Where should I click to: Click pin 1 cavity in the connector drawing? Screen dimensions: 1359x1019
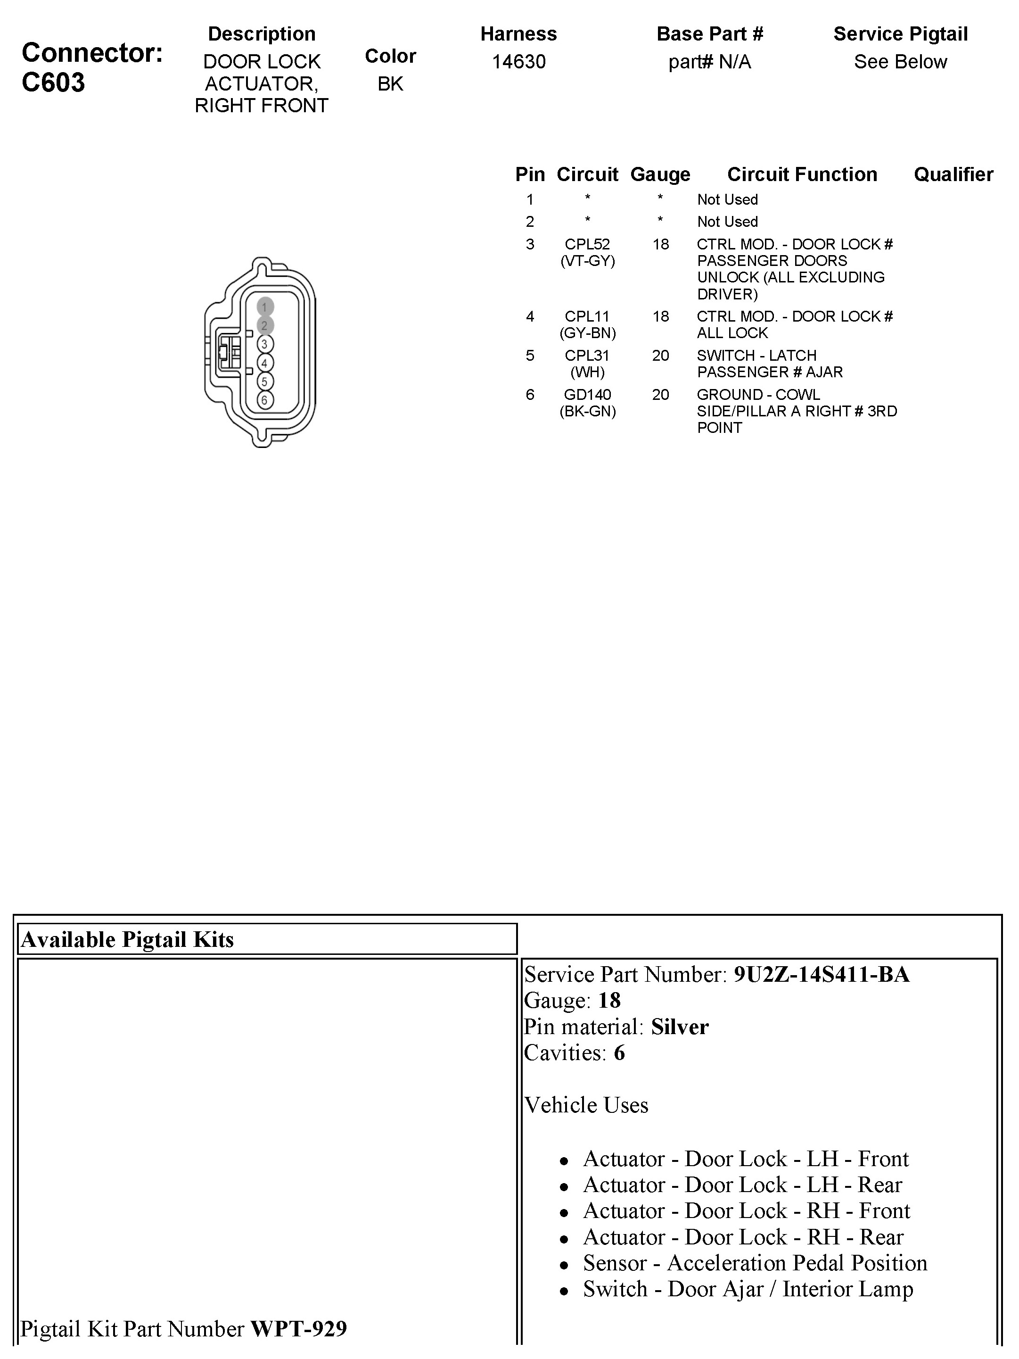coord(265,307)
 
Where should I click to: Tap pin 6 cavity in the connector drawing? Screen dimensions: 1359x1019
coord(265,400)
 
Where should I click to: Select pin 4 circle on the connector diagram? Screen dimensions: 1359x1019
coord(265,363)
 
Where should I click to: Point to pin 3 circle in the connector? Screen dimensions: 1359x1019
coord(265,344)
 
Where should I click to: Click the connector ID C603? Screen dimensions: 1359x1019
coord(53,83)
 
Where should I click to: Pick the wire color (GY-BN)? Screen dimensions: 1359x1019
coord(587,333)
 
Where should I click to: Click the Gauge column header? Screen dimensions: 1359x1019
coord(660,174)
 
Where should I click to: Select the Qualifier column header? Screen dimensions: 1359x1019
coord(953,174)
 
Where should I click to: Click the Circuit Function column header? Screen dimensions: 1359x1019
coord(802,174)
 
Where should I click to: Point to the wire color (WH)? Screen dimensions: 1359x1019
coord(587,373)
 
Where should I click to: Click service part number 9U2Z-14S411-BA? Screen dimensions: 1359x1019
coord(821,974)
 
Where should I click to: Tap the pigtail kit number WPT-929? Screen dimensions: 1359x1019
coord(298,1329)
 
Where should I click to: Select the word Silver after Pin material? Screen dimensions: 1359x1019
coord(679,1027)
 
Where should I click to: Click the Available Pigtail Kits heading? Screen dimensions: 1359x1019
coord(128,939)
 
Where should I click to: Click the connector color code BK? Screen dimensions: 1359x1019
coord(390,83)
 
